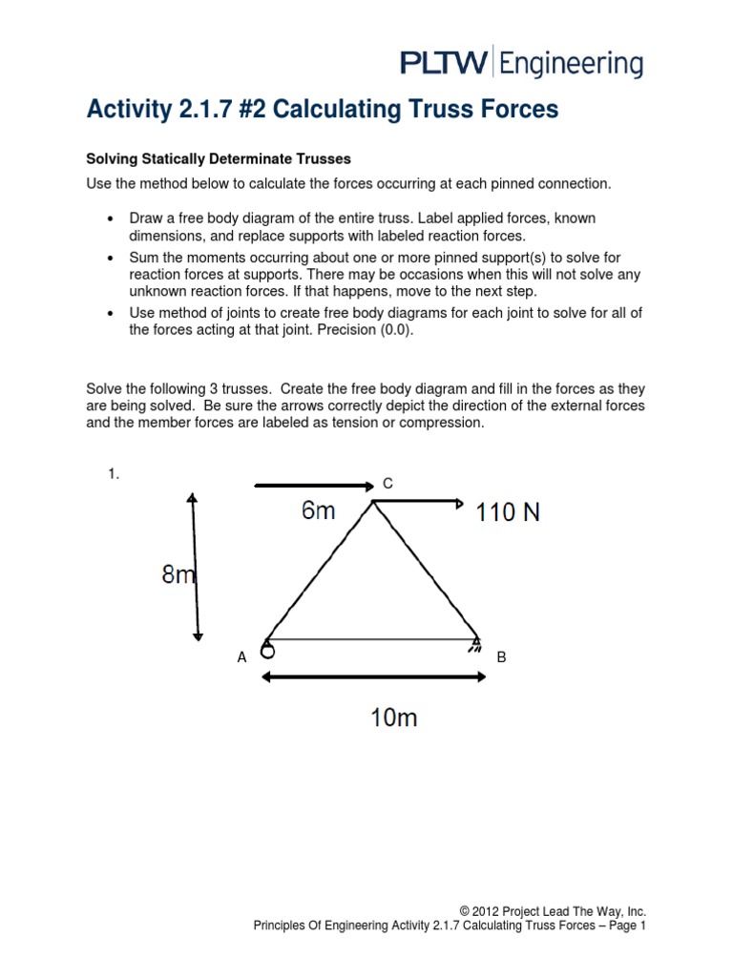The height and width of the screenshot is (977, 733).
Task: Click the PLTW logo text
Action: (x=443, y=64)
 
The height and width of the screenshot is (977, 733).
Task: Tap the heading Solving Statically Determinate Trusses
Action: (x=219, y=158)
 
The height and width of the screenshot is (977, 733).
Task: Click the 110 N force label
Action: (x=508, y=512)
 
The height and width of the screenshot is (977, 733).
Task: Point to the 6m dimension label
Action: (x=318, y=511)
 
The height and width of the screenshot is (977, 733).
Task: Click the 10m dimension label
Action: (x=393, y=717)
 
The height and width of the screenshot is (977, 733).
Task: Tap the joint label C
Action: (x=387, y=485)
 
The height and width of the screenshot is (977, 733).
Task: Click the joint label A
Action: (x=241, y=657)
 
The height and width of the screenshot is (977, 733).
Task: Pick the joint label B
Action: (x=500, y=657)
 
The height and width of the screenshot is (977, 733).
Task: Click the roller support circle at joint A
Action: (x=268, y=653)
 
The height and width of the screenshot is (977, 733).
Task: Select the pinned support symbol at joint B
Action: (x=473, y=647)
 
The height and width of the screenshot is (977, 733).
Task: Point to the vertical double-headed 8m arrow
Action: (x=195, y=567)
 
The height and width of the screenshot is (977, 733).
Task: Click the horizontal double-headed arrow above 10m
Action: (x=373, y=677)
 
